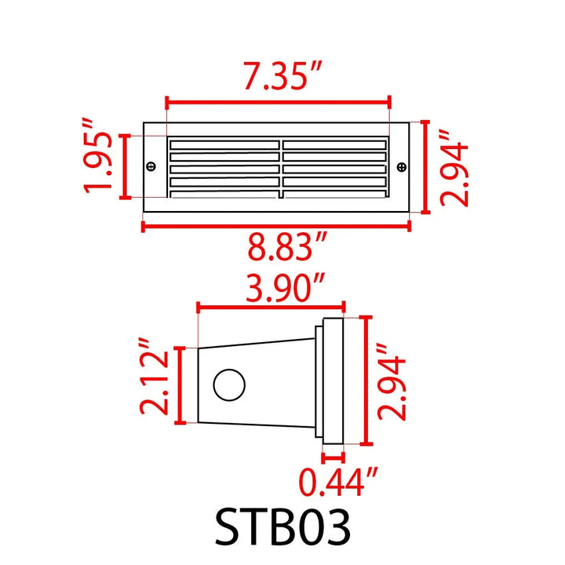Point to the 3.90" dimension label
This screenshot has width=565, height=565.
275,290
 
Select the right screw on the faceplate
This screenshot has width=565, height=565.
402,166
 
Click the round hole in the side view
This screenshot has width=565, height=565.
229,385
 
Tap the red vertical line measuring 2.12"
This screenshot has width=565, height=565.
182,385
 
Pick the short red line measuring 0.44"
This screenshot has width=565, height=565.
334,456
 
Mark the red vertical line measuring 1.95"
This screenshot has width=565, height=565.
124,166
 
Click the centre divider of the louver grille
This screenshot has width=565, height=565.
279,166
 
